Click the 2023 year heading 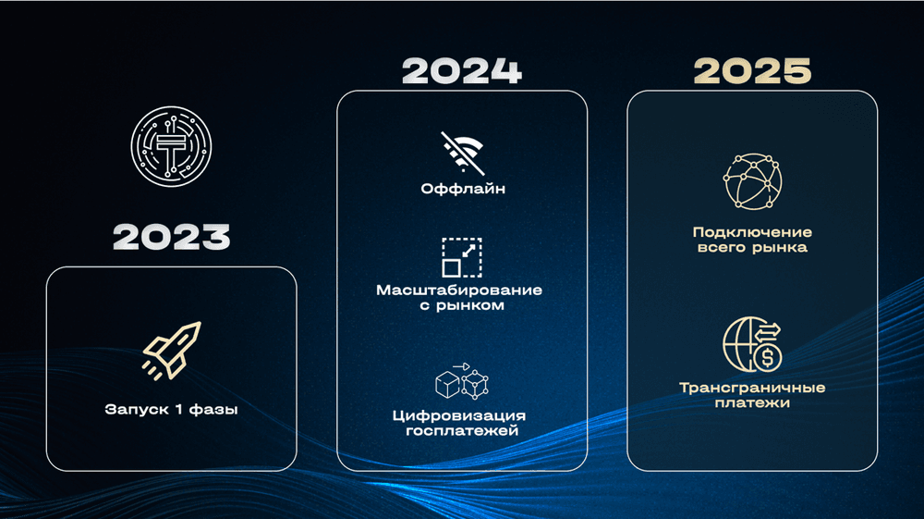(x=172, y=237)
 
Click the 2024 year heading (x=462, y=70)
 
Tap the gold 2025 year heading (x=752, y=70)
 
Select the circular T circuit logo (x=171, y=146)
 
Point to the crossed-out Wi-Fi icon (x=463, y=153)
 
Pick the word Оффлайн (x=463, y=189)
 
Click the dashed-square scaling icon (x=462, y=257)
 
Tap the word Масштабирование (x=459, y=290)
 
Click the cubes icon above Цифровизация (x=463, y=381)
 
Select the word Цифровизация (x=459, y=415)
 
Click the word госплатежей (x=462, y=431)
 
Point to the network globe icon (x=752, y=181)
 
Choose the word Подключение (x=752, y=232)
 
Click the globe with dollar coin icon (x=752, y=344)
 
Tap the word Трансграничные (x=752, y=388)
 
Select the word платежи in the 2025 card (x=752, y=403)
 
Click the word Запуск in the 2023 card (x=136, y=409)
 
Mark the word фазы (x=214, y=409)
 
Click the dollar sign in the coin (x=767, y=358)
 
